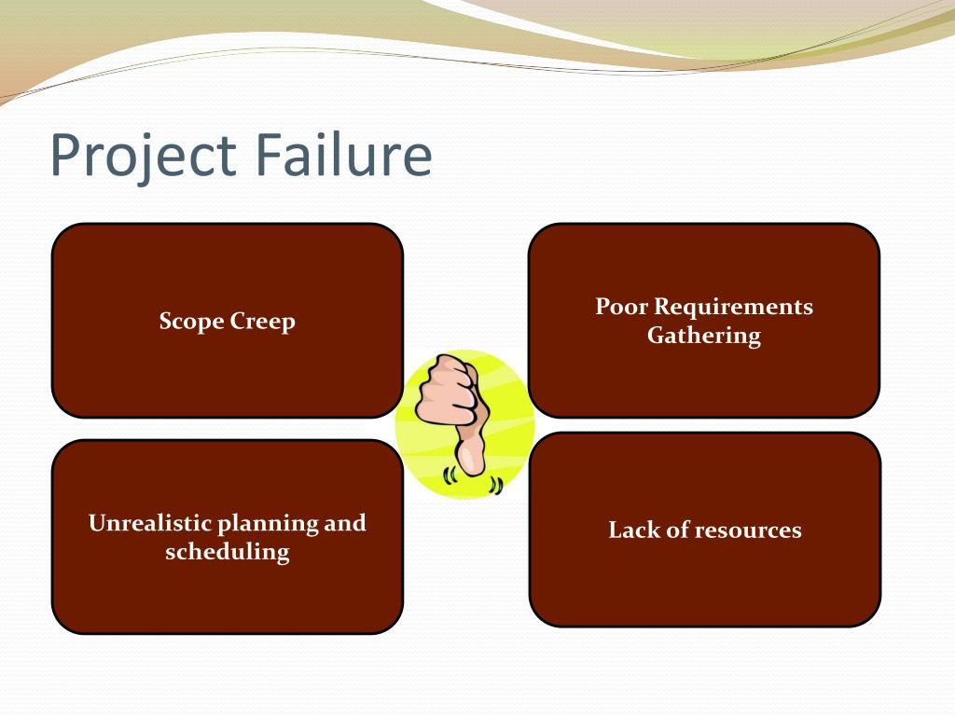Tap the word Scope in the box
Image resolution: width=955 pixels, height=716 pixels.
192,323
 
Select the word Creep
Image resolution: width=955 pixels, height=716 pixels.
264,323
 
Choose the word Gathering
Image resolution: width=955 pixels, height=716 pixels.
704,337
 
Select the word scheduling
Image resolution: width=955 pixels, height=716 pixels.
228,552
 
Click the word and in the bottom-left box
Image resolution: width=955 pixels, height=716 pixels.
344,523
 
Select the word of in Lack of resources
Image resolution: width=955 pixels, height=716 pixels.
679,530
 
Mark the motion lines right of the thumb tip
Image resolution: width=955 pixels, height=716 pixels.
496,484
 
